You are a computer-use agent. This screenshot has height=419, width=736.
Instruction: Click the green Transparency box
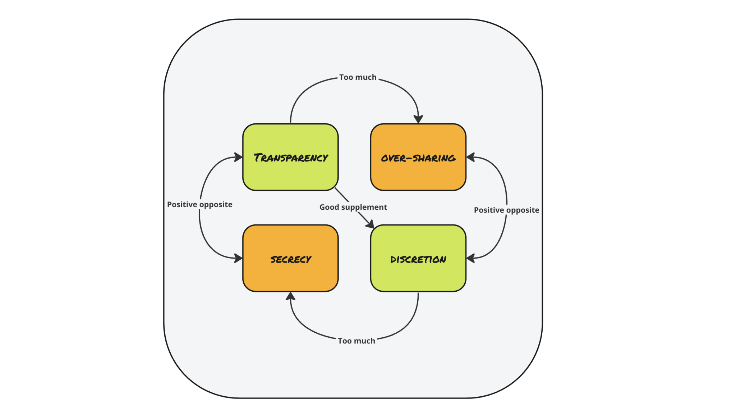(290, 157)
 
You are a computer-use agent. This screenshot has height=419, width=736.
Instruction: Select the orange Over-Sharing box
(418, 157)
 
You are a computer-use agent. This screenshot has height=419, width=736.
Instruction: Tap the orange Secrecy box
(290, 258)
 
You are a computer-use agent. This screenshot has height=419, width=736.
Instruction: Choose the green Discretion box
(418, 258)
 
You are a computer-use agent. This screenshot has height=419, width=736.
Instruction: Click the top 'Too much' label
(358, 77)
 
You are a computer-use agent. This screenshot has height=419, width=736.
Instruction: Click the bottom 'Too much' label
(356, 341)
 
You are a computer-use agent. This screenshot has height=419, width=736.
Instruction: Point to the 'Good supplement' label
(353, 207)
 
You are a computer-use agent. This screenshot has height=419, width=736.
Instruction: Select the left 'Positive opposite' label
(199, 205)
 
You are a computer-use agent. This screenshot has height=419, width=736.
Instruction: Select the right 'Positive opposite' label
(506, 210)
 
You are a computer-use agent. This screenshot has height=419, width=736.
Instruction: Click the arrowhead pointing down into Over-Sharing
(418, 119)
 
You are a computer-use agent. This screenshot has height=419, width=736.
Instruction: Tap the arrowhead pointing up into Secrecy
(290, 296)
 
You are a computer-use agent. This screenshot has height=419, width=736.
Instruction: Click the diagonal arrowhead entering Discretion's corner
(370, 224)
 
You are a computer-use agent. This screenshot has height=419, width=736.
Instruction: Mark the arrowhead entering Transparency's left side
(238, 157)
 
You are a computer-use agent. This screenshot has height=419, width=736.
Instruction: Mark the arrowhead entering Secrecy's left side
(238, 258)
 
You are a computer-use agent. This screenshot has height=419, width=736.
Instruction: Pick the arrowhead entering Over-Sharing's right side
(470, 157)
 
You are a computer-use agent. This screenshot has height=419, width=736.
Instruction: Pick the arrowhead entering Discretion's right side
(470, 258)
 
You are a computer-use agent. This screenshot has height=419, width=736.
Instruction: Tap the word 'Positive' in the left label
(182, 205)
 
